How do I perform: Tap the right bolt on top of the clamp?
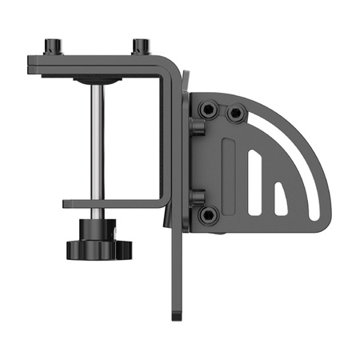pyautogui.click(x=142, y=46)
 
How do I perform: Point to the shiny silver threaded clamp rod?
pyautogui.click(x=95, y=144)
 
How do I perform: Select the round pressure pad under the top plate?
pyautogui.click(x=96, y=80)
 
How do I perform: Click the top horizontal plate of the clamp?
pyautogui.click(x=96, y=62)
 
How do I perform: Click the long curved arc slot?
pyautogui.click(x=296, y=160)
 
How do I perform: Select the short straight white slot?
pyautogui.click(x=281, y=200)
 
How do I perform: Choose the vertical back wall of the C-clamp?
pyautogui.click(x=168, y=136)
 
